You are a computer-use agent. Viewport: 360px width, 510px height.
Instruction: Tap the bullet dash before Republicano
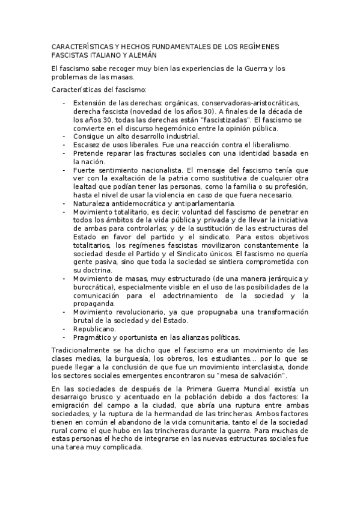64,329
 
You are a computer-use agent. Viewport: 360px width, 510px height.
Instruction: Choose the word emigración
73,407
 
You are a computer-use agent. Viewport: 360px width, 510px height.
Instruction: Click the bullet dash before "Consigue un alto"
64,137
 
